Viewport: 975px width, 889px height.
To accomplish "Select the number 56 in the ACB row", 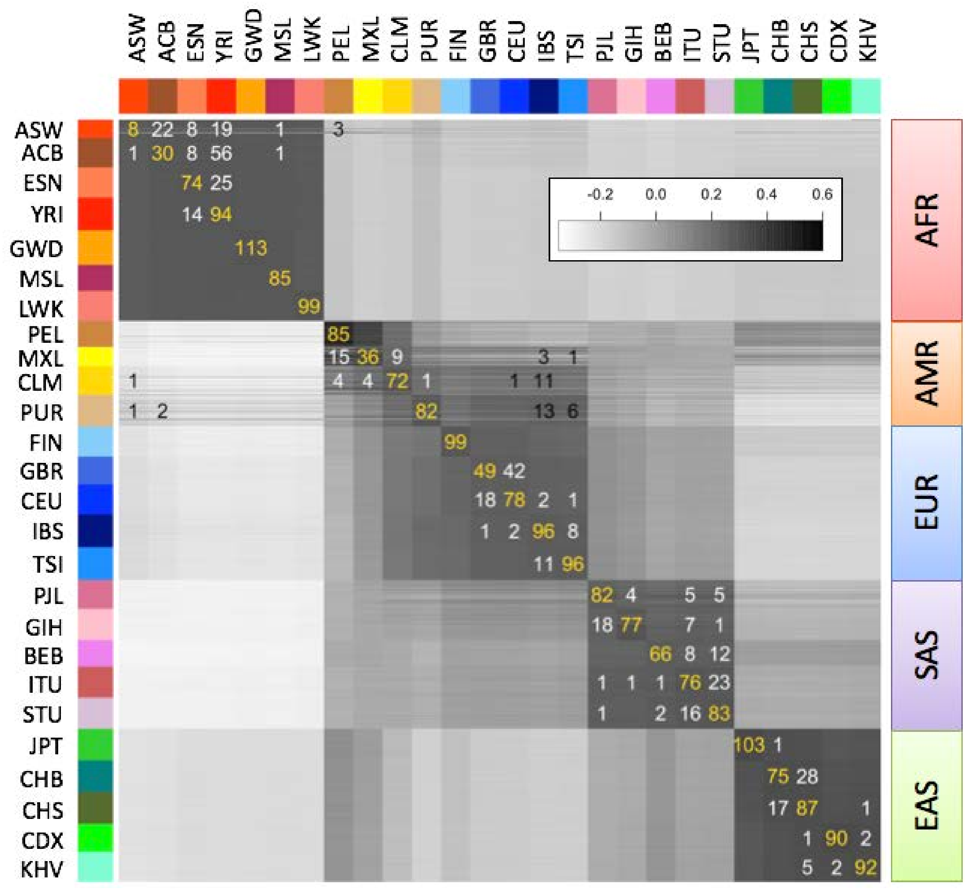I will click(221, 153).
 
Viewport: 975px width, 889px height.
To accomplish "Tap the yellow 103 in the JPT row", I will click(749, 745).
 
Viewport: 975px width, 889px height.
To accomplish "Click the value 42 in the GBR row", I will click(514, 471).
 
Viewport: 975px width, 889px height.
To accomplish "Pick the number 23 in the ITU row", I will click(719, 683).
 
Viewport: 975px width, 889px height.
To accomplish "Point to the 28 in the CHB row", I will click(807, 776).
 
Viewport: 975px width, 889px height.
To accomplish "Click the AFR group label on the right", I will click(926, 220).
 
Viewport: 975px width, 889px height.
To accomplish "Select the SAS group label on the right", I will click(926, 655).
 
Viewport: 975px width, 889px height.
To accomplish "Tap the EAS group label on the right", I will click(926, 805).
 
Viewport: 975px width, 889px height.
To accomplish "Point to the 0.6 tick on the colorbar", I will click(822, 195).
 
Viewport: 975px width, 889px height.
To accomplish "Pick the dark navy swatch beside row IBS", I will click(95, 531).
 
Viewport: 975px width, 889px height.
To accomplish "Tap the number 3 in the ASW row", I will click(338, 130).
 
